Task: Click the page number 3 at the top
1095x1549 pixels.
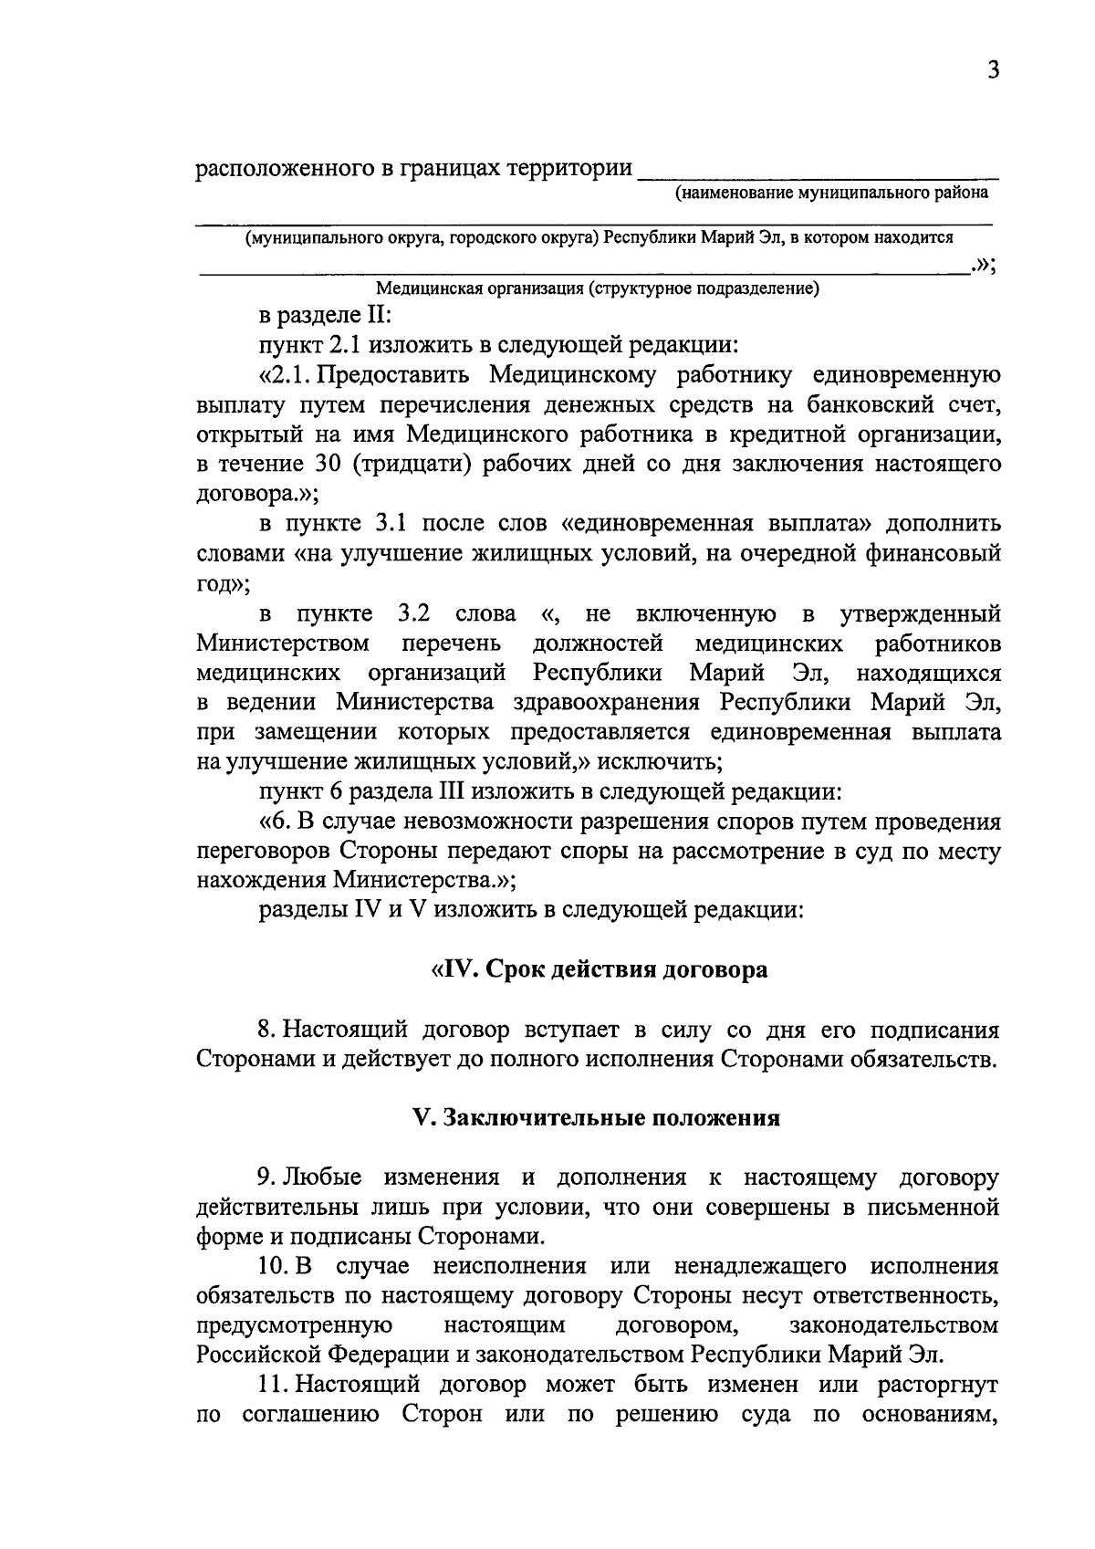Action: [x=993, y=70]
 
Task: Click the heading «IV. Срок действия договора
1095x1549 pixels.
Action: [x=599, y=968]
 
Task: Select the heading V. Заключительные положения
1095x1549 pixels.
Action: [x=598, y=1118]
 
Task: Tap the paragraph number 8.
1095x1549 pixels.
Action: [x=265, y=1031]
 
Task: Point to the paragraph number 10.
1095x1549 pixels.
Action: [x=273, y=1267]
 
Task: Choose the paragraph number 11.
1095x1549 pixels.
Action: [x=272, y=1385]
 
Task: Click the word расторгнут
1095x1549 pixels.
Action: [x=938, y=1385]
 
